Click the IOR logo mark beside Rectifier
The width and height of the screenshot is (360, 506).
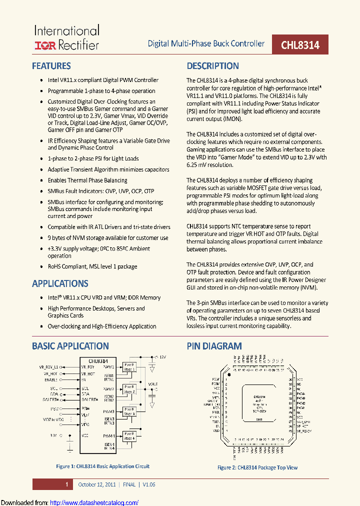[45, 45]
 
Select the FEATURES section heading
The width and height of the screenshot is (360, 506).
[51, 66]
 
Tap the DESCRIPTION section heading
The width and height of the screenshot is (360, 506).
[213, 66]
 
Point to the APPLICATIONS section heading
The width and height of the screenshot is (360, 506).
[60, 283]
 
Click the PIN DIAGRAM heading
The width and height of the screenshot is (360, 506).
[214, 346]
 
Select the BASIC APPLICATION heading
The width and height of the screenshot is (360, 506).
[70, 346]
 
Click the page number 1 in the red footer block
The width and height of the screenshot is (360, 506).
[66, 484]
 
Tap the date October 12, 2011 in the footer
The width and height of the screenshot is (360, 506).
[97, 484]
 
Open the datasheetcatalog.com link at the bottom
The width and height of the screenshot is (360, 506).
[94, 502]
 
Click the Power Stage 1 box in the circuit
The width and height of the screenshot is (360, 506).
[129, 366]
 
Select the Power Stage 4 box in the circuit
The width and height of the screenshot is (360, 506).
[129, 436]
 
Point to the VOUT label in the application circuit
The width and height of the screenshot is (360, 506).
[152, 384]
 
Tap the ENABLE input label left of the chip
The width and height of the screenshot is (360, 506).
[51, 380]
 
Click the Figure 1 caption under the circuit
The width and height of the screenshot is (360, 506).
[102, 466]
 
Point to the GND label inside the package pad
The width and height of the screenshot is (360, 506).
[259, 419]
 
